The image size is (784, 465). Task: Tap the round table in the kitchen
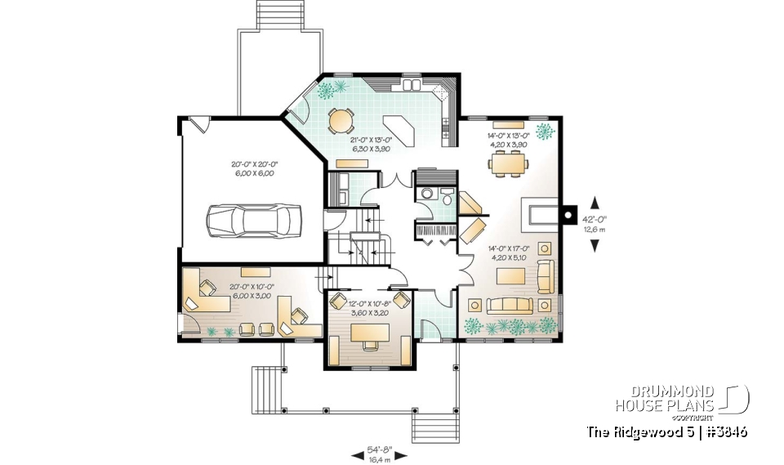point(341,120)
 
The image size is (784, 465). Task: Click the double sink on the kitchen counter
point(410,83)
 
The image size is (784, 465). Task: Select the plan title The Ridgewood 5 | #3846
point(666,431)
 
